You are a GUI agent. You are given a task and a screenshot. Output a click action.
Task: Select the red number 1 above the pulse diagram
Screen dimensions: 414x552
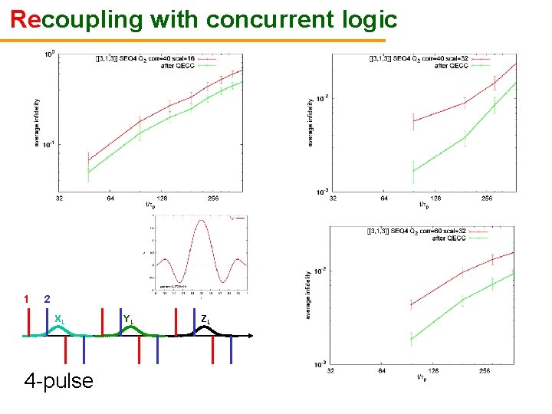26,299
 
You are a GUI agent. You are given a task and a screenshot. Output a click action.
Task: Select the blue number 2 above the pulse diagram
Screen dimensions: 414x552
48,299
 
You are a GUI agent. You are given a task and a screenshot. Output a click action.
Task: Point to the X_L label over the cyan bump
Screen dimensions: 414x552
60,319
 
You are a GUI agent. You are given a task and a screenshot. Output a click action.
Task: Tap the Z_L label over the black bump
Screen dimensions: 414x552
205,319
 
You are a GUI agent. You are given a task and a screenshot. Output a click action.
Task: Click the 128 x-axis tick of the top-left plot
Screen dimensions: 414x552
162,199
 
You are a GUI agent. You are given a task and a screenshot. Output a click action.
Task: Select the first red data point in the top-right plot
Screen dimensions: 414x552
413,121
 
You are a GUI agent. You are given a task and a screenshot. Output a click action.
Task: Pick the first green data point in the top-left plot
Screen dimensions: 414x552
88,172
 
